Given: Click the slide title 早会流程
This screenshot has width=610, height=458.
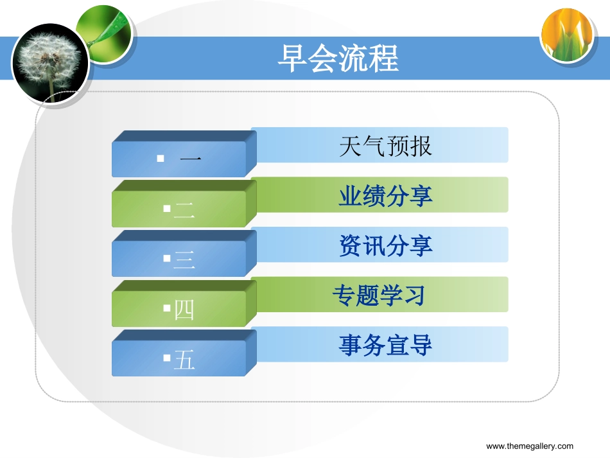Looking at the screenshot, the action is pos(338,58).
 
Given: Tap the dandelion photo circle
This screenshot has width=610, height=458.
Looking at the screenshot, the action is pos(51,64).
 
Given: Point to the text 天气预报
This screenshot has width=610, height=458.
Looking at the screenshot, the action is pos(385,146).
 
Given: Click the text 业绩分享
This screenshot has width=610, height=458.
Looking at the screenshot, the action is pos(385,196).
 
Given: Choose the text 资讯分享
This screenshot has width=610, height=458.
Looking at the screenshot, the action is pos(385,245).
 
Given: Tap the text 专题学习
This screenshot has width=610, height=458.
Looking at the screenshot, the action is pos(379,295).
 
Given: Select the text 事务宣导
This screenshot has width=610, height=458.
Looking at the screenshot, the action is pos(385,345).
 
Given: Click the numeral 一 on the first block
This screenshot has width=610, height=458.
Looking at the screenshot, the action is pos(191,159).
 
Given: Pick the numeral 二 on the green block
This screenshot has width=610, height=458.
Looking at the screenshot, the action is pos(184,210).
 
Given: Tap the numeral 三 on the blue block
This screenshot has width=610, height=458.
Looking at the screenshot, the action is pos(184,260).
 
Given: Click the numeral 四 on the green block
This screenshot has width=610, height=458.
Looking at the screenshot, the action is pos(184,310).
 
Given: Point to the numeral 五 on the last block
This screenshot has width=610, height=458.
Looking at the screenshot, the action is pos(184,360).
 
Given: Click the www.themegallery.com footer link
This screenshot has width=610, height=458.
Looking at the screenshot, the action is pos(530,446).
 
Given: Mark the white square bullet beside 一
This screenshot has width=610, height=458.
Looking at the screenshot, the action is pos(161,159).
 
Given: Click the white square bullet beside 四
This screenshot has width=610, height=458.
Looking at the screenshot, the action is pos(167,308).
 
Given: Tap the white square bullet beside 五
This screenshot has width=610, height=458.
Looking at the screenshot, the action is pos(167,358).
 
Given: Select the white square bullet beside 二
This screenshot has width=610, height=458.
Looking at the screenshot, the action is pos(167,209).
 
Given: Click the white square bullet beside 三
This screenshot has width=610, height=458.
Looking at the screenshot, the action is pos(167,258).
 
